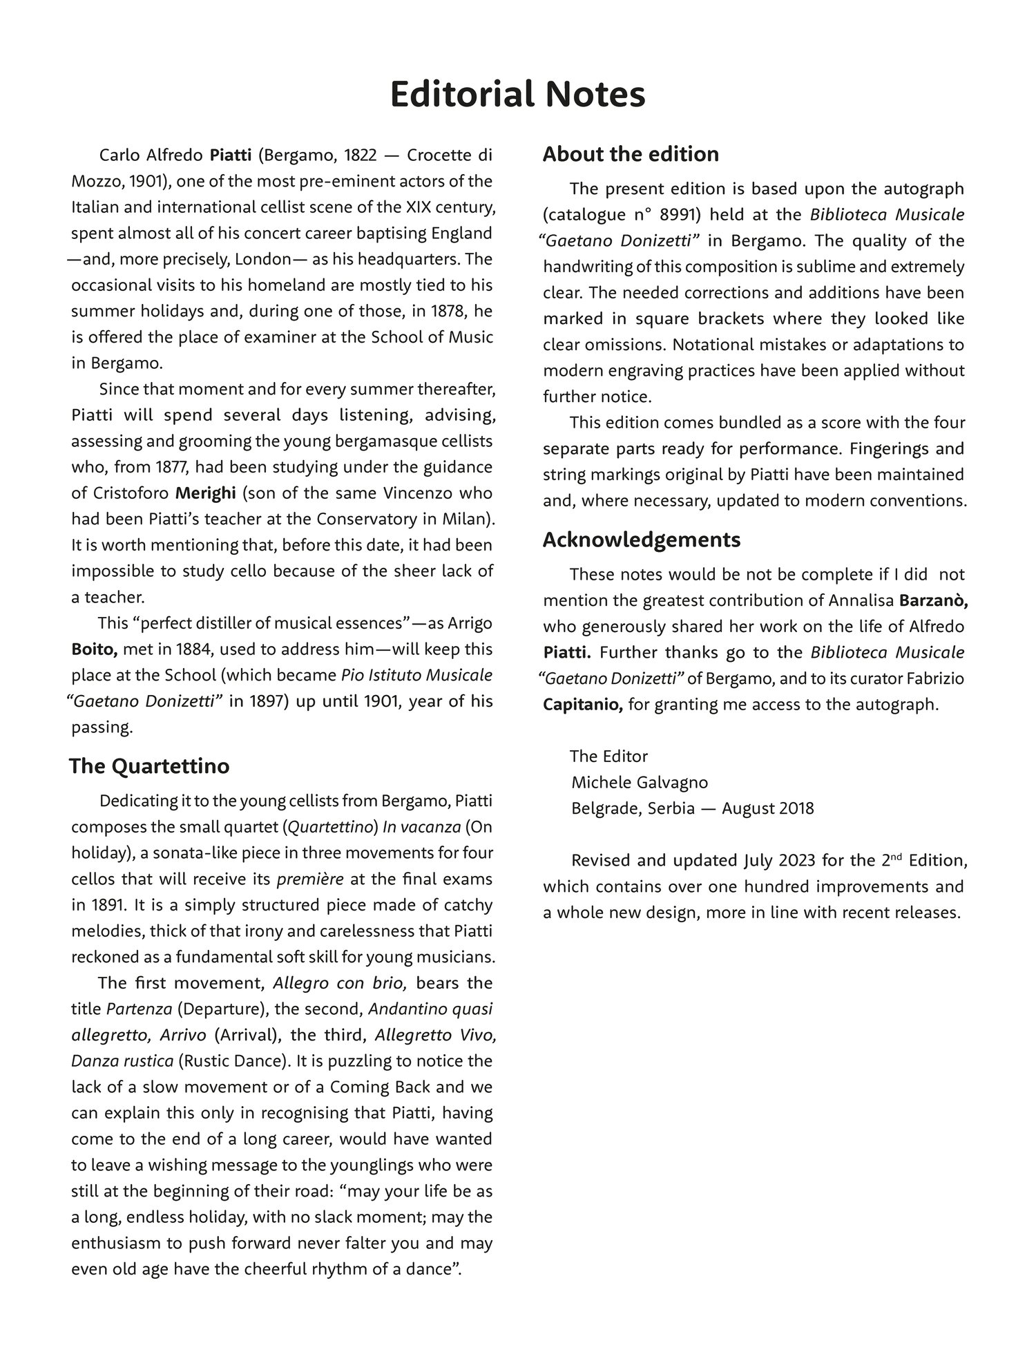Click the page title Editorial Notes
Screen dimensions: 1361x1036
pos(517,95)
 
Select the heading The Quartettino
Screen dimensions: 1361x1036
pos(149,766)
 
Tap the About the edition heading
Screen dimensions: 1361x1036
pos(631,154)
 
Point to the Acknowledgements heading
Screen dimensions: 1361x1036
pos(642,540)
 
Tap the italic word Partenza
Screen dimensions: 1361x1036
pos(139,1009)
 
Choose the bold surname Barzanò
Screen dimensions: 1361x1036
pos(933,601)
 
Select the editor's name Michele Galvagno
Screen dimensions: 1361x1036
pos(640,782)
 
